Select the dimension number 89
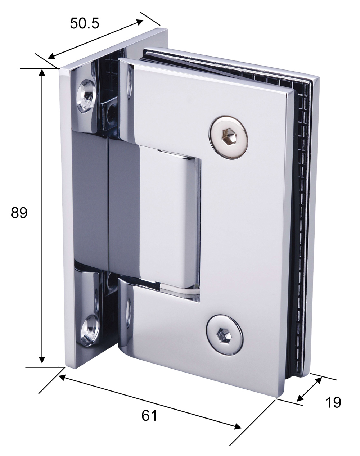(19, 213)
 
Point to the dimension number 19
(333, 402)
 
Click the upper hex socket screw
(229, 137)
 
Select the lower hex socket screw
(225, 335)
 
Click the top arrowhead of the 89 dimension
(42, 72)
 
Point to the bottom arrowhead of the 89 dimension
(42, 360)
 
